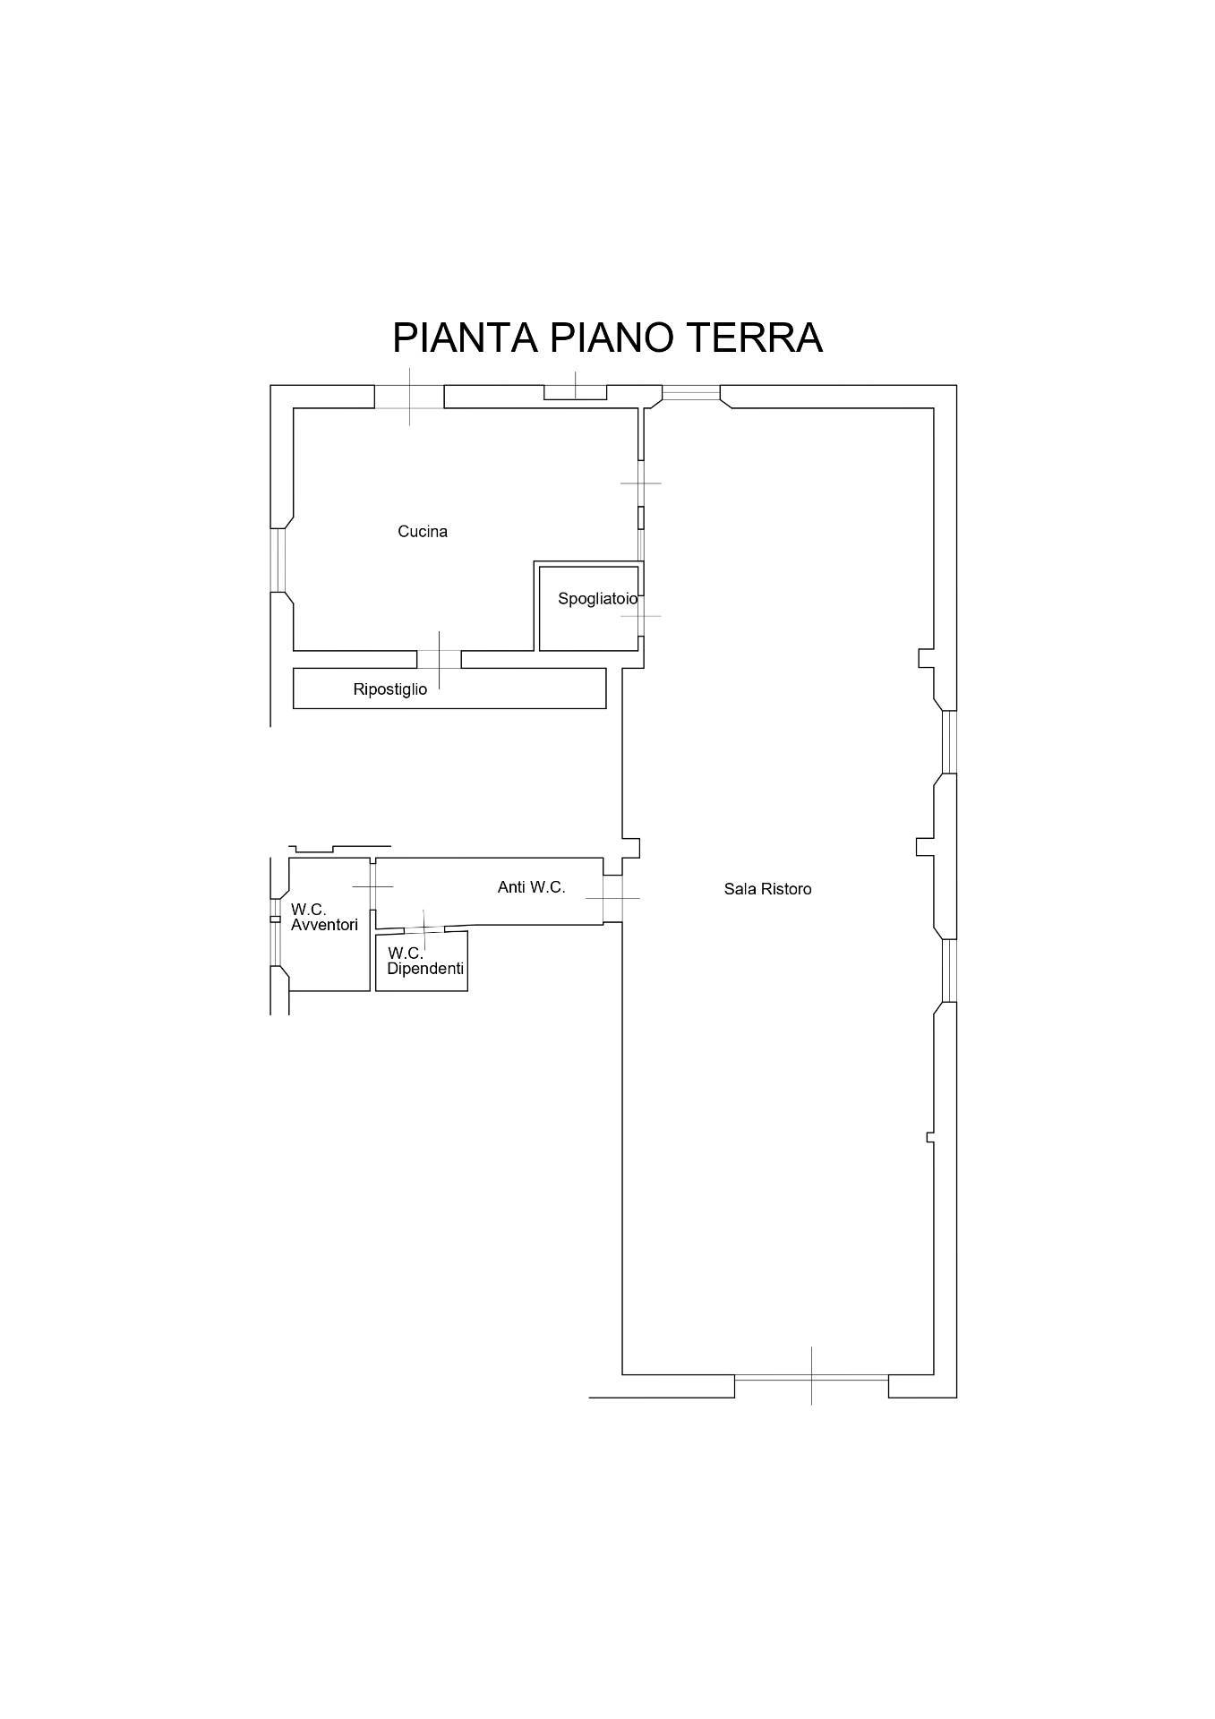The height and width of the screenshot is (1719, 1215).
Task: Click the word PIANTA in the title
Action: click(x=466, y=338)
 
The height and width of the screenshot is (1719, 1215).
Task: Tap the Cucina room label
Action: click(x=423, y=532)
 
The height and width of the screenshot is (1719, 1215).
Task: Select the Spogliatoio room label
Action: click(x=598, y=599)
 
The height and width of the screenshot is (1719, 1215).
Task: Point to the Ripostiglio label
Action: click(x=390, y=689)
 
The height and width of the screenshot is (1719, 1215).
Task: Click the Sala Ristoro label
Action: click(x=768, y=889)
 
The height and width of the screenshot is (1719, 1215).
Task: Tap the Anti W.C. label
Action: click(x=532, y=887)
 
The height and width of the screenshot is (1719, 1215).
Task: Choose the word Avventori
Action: click(x=324, y=925)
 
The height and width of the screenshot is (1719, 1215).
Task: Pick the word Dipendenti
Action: click(x=425, y=969)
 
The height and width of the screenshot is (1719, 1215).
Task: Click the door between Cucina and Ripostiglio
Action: click(x=440, y=660)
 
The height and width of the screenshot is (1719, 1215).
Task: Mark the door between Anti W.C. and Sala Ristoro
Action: click(x=613, y=899)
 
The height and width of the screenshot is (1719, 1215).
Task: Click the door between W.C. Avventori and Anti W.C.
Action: click(x=372, y=886)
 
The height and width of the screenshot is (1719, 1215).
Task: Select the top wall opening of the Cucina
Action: click(x=409, y=397)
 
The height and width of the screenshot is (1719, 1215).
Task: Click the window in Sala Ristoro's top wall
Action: click(x=690, y=392)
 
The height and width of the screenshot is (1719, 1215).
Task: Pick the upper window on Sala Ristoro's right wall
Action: click(x=949, y=742)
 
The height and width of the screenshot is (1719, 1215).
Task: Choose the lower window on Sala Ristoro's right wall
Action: click(x=949, y=971)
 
